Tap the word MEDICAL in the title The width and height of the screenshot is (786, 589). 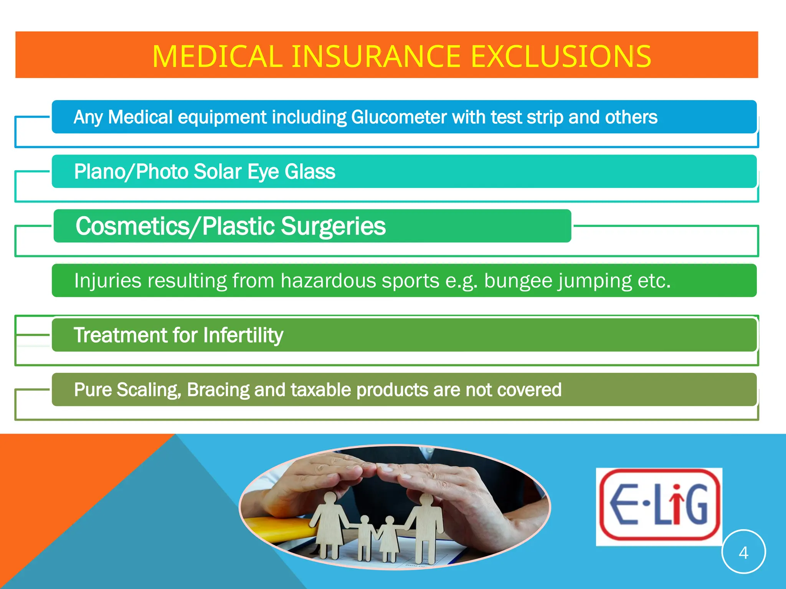coord(217,57)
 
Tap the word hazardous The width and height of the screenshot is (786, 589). coord(327,281)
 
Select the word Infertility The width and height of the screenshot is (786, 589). coord(243,335)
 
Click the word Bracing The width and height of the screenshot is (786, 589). coord(218,390)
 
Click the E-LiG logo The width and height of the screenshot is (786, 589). coord(659,506)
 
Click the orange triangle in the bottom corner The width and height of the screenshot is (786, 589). coord(58,499)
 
